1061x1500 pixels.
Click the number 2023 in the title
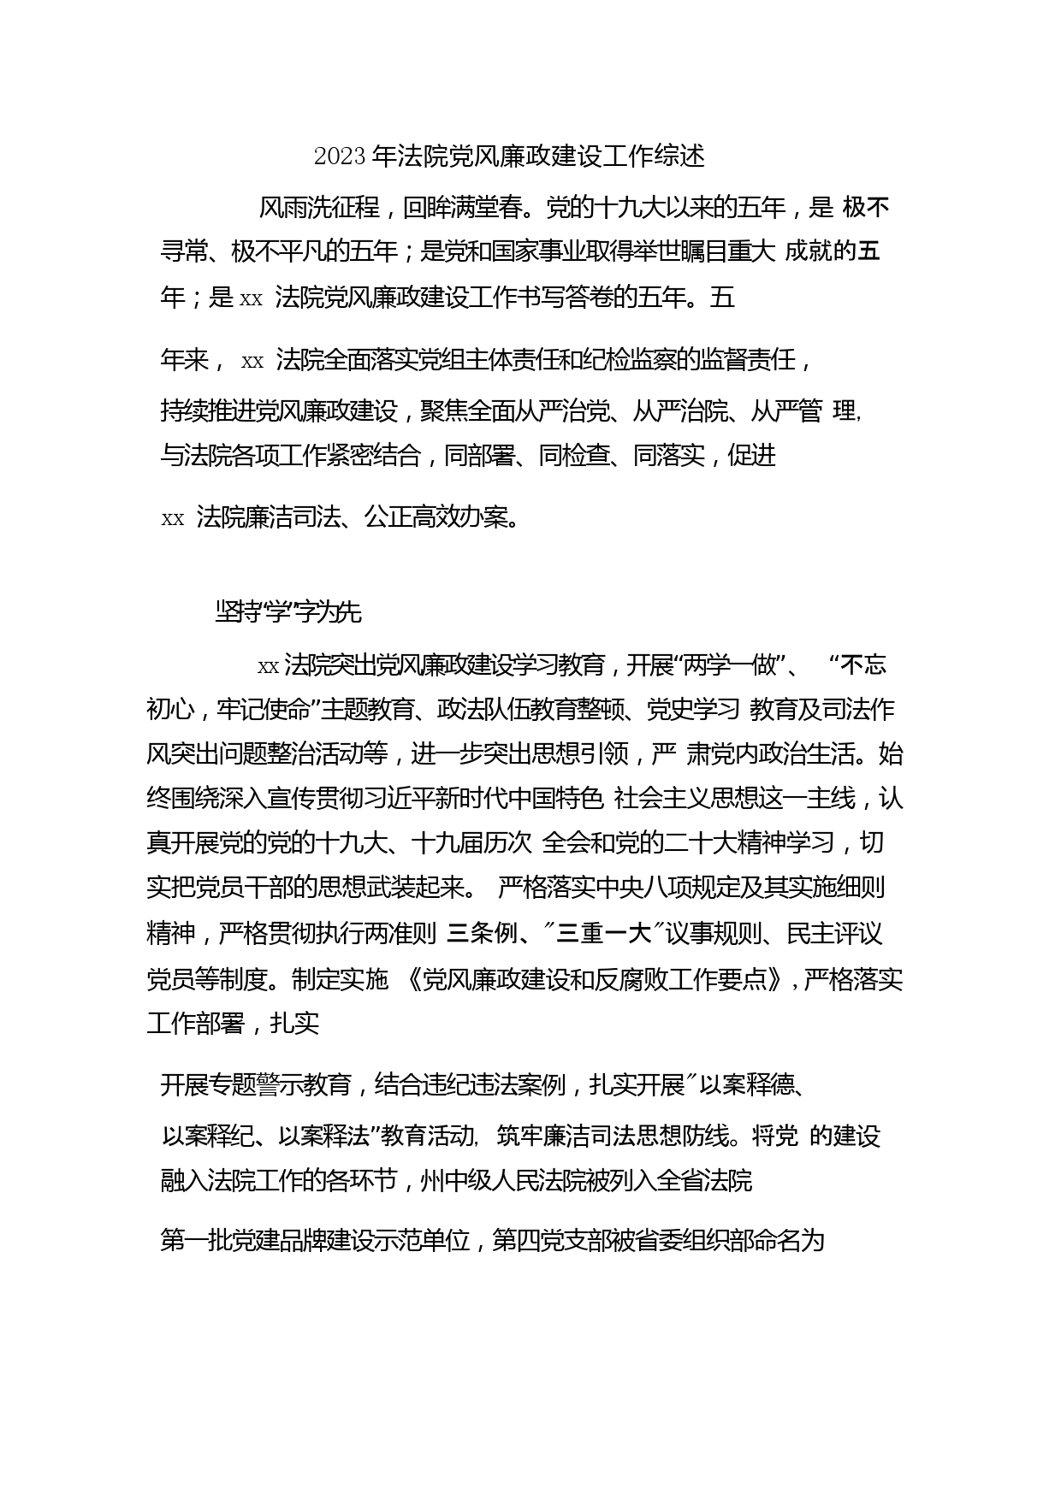(341, 156)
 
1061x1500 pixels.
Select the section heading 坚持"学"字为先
(289, 612)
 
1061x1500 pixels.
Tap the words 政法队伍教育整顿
(535, 710)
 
